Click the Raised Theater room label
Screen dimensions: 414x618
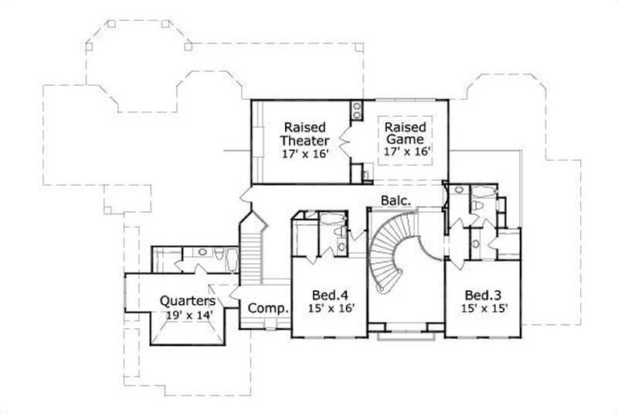pyautogui.click(x=304, y=133)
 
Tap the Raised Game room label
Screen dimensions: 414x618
pyautogui.click(x=405, y=133)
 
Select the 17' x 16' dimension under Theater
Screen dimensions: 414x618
pyautogui.click(x=304, y=153)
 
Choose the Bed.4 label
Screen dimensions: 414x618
pyautogui.click(x=328, y=295)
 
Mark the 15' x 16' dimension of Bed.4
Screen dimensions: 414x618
pyautogui.click(x=328, y=309)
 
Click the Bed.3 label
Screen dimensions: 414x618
pyautogui.click(x=481, y=295)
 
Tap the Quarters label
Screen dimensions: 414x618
pyautogui.click(x=188, y=300)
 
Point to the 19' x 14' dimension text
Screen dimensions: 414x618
pyautogui.click(x=188, y=315)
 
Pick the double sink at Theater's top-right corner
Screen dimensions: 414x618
pyautogui.click(x=358, y=110)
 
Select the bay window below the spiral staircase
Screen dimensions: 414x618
pyautogui.click(x=406, y=335)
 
